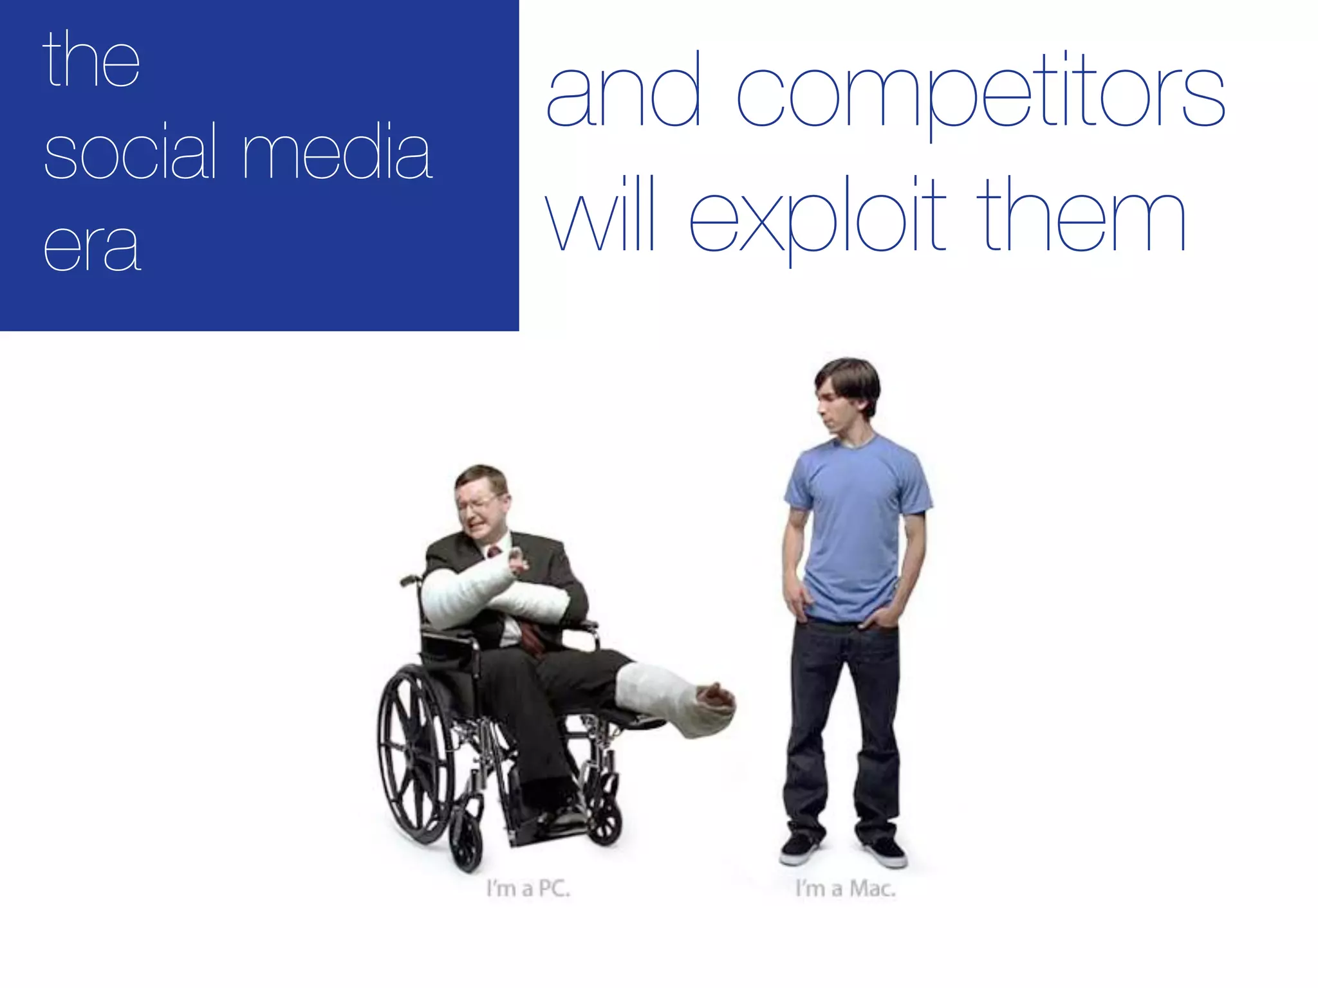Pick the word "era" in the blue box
click(x=91, y=248)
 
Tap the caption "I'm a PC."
click(x=528, y=889)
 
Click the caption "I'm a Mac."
click(x=845, y=889)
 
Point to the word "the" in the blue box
click(x=91, y=61)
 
